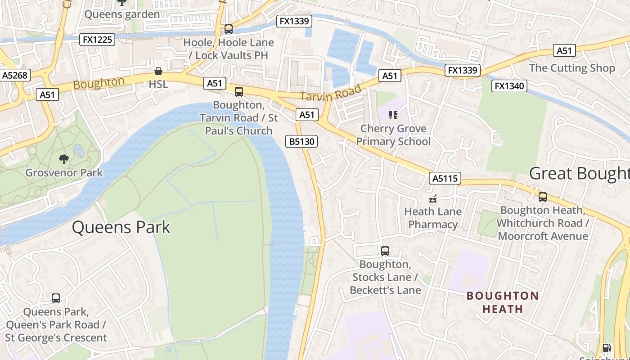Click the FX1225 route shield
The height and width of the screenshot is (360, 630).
[98, 40]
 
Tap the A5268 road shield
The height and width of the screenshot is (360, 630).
[15, 75]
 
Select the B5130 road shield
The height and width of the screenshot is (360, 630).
[301, 142]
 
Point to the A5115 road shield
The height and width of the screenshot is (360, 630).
[445, 178]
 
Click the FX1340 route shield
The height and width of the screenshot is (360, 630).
[509, 85]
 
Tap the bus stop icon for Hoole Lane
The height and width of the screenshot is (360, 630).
[229, 29]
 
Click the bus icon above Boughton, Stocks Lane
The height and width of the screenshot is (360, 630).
[385, 251]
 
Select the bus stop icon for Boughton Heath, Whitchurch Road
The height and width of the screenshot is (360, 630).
[543, 197]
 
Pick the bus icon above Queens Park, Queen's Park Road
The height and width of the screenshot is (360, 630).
[56, 298]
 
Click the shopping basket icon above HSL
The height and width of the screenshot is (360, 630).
[158, 71]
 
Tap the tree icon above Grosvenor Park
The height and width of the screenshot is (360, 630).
[64, 159]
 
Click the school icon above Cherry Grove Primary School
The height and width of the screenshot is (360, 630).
[393, 115]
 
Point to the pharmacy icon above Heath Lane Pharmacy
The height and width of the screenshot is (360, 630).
[433, 198]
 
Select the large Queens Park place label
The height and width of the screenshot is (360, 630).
[121, 227]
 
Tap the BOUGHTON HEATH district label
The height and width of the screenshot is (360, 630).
[503, 302]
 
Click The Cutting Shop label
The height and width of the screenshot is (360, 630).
[572, 68]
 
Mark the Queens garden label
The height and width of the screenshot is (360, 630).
[122, 14]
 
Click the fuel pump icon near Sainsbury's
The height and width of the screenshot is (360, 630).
[607, 347]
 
